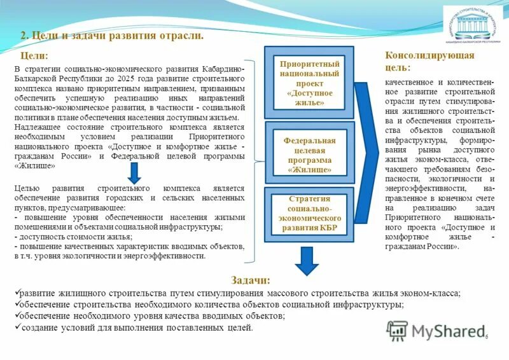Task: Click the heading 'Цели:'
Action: point(34,56)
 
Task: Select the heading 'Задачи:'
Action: point(250,280)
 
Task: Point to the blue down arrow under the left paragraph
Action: point(134,172)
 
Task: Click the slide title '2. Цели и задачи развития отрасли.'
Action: point(112,36)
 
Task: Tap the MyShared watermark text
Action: point(447,331)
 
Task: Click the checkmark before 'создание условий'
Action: point(17,327)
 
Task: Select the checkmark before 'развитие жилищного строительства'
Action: point(17,293)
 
